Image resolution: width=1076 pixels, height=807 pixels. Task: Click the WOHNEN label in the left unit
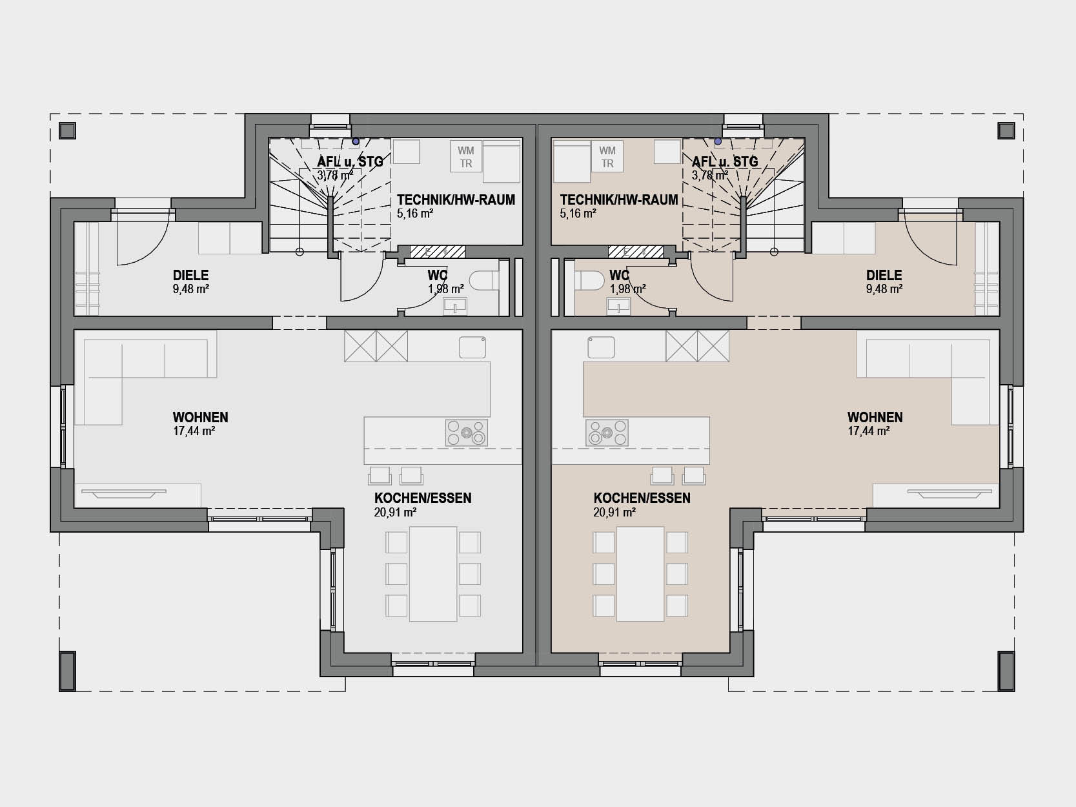coord(200,417)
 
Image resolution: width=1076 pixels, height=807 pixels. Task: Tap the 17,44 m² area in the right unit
coord(869,431)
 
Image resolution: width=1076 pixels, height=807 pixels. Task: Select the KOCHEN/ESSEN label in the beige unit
coord(642,498)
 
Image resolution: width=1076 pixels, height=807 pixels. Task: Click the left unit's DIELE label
coord(190,275)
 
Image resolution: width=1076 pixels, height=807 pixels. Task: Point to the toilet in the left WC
coord(484,281)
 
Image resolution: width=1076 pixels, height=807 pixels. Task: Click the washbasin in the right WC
coord(618,307)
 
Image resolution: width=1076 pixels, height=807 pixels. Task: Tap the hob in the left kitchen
coord(466,433)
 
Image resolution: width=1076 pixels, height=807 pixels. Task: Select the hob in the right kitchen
coord(607,433)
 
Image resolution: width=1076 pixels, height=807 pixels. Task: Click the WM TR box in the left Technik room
coord(465,156)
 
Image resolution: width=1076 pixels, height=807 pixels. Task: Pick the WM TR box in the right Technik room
coord(607,156)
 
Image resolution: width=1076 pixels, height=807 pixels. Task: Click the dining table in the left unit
coord(433,574)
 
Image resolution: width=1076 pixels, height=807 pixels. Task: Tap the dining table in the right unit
coord(640,574)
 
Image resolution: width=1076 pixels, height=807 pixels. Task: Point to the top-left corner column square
coord(68,131)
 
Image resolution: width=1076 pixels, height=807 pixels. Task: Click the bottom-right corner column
coord(1006,671)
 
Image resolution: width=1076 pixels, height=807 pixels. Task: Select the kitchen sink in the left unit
coord(472,347)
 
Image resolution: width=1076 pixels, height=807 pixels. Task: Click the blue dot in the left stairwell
coord(356,141)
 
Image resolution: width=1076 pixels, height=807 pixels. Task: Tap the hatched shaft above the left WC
coord(437,252)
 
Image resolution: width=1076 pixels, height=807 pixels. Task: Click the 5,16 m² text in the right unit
coord(578,213)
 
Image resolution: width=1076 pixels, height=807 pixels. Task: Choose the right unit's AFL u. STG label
coord(725,162)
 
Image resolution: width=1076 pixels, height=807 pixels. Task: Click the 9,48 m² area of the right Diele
coord(884,289)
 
